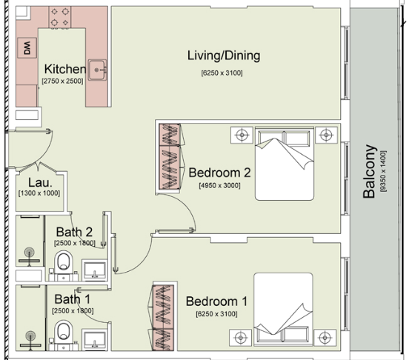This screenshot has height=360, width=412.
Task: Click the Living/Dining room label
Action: [x=224, y=56]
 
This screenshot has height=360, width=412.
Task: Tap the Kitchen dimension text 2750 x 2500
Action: [x=62, y=81]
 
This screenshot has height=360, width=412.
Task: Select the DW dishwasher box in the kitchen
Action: [x=27, y=48]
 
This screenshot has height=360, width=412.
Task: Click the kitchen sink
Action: [x=98, y=70]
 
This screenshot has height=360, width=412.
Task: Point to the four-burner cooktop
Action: [x=60, y=17]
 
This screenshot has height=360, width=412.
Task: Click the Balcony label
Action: [x=369, y=171]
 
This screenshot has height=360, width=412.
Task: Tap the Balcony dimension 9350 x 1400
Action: [x=383, y=171]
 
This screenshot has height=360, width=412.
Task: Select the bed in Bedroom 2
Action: [x=285, y=164]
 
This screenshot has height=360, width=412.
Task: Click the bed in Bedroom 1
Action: [x=283, y=310]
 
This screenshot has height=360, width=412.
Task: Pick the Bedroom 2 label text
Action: [x=219, y=173]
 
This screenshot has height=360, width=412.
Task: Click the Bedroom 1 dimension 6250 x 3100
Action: [x=217, y=314]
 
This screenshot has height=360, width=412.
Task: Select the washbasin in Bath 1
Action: [x=95, y=340]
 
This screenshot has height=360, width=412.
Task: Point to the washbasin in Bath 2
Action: [x=95, y=270]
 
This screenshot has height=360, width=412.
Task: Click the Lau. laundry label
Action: [x=40, y=183]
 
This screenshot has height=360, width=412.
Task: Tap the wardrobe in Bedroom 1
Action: [x=164, y=318]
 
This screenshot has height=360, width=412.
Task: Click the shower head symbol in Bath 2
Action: [x=29, y=253]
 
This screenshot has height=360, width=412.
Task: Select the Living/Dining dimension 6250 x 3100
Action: [x=222, y=73]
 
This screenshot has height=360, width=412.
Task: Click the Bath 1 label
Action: [x=73, y=299]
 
